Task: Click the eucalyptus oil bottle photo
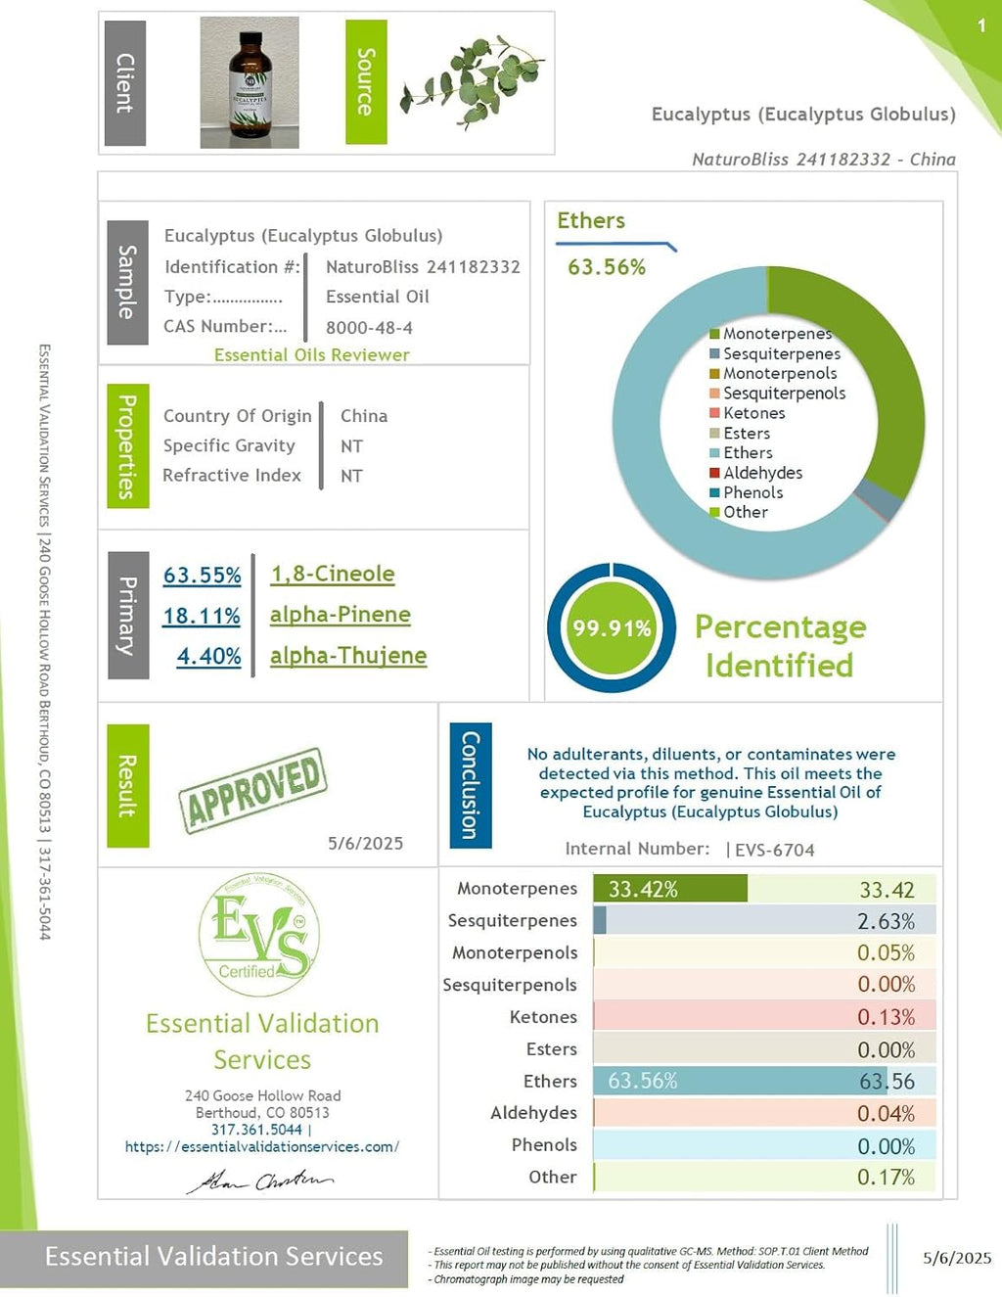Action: click(250, 82)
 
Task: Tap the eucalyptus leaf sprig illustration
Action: click(473, 80)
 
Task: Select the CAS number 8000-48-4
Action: click(369, 328)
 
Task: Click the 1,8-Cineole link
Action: click(333, 575)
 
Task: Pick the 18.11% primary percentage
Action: click(202, 616)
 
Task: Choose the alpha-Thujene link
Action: click(348, 656)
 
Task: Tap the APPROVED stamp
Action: click(252, 789)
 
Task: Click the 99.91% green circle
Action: click(612, 628)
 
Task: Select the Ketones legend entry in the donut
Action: click(752, 413)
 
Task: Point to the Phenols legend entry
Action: click(751, 492)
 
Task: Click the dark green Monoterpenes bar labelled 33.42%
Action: click(669, 889)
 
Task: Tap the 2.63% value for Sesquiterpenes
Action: click(886, 921)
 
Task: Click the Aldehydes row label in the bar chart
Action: click(533, 1113)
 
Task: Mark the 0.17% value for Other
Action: click(886, 1177)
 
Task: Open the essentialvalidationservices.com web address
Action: click(262, 1146)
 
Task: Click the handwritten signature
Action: click(260, 1181)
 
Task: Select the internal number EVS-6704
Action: click(774, 850)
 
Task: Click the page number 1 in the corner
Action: click(981, 25)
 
